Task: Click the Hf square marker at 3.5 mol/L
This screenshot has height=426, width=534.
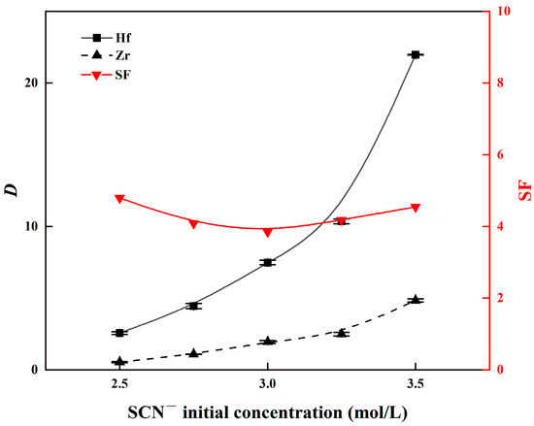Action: [416, 54]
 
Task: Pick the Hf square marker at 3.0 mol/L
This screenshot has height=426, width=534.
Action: [268, 262]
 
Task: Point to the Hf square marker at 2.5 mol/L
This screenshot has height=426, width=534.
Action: [119, 333]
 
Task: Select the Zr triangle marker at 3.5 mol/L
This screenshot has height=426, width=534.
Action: [416, 300]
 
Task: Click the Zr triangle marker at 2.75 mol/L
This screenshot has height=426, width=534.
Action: [193, 353]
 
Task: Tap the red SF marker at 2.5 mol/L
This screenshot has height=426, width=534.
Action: [119, 199]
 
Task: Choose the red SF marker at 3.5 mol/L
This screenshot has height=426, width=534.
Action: [416, 208]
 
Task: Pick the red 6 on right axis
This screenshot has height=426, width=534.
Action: [498, 155]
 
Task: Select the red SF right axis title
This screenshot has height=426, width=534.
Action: [522, 190]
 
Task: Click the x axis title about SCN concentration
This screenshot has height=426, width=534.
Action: [268, 410]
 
